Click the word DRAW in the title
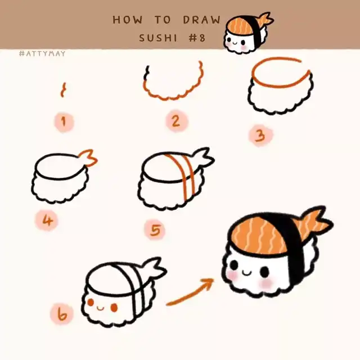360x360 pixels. click(201, 20)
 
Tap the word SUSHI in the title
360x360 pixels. click(158, 38)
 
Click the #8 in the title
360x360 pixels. click(197, 38)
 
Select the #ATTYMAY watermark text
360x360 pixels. click(43, 54)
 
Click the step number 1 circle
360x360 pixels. click(64, 121)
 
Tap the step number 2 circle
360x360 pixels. click(177, 121)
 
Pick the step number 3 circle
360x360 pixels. click(260, 136)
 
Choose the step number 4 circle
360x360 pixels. click(47, 221)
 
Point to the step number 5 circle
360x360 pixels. click(155, 230)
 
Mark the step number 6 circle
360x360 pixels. click(61, 314)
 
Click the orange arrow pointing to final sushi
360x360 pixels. click(190, 291)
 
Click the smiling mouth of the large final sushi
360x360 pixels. click(247, 273)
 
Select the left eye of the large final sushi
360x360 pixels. click(234, 265)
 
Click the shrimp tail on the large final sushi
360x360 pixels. click(314, 223)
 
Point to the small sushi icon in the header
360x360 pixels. click(249, 33)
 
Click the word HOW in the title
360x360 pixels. click(128, 20)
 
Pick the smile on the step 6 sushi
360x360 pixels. click(101, 308)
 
